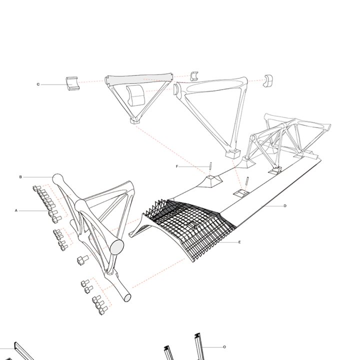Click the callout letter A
tap(16, 210)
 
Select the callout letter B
tap(20, 177)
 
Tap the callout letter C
tap(38, 84)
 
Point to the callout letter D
tap(285, 205)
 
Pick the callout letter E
tap(239, 242)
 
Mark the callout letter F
tap(177, 166)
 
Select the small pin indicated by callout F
tap(211, 166)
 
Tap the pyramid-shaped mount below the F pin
tap(211, 181)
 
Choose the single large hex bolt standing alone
tap(81, 260)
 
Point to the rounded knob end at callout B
tap(58, 178)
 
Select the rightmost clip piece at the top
tap(268, 80)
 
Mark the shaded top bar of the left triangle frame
tap(138, 79)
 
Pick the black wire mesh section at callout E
tap(190, 225)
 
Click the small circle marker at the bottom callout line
tap(224, 346)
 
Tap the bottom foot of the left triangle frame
tap(134, 120)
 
